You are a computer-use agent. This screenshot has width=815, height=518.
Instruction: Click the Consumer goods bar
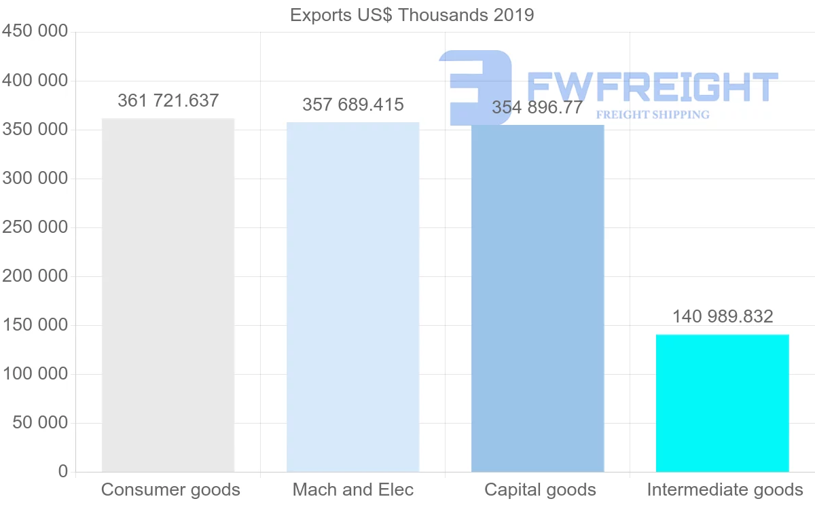click(x=168, y=295)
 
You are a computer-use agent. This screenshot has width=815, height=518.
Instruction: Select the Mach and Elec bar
click(x=352, y=297)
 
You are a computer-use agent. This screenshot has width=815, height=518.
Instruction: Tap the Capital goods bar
click(x=537, y=298)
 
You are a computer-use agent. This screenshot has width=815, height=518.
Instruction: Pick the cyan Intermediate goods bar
click(x=722, y=403)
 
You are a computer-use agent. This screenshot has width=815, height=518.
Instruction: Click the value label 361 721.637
click(x=168, y=101)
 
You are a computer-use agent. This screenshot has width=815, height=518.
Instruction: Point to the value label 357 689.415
click(x=352, y=105)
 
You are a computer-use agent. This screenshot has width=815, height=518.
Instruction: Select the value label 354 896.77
click(x=537, y=108)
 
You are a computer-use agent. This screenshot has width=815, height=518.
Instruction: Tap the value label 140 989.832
click(x=723, y=316)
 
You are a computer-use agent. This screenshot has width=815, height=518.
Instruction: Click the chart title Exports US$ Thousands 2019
click(x=412, y=15)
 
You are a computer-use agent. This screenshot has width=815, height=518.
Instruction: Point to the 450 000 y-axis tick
click(x=35, y=32)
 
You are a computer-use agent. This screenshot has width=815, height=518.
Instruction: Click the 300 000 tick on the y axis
click(x=35, y=179)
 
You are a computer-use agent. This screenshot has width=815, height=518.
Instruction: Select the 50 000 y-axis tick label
click(x=40, y=423)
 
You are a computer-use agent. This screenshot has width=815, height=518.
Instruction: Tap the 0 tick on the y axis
click(x=63, y=472)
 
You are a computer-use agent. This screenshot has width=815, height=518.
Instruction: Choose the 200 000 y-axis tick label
click(x=35, y=276)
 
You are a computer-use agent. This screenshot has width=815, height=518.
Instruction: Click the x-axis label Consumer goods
click(x=170, y=490)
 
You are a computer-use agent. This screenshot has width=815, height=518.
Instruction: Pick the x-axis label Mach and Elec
click(x=352, y=490)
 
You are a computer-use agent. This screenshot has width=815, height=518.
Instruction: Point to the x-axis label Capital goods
click(x=540, y=490)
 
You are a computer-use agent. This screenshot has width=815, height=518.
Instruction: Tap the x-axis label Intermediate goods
click(x=725, y=490)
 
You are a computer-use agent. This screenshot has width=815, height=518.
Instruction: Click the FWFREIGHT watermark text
click(x=652, y=87)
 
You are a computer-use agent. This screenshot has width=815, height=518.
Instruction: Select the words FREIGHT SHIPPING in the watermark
click(x=652, y=115)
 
